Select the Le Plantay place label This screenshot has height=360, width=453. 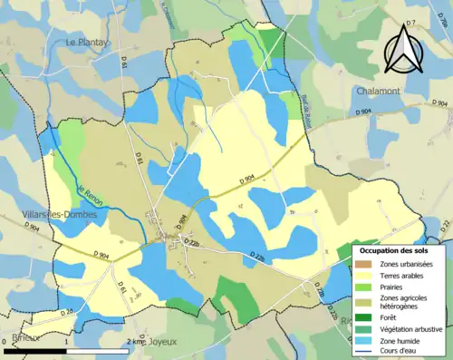[88, 42]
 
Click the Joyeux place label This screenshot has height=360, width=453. [161, 342]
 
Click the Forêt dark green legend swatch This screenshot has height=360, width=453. [368, 316]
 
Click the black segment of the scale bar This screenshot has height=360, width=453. [35, 350]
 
